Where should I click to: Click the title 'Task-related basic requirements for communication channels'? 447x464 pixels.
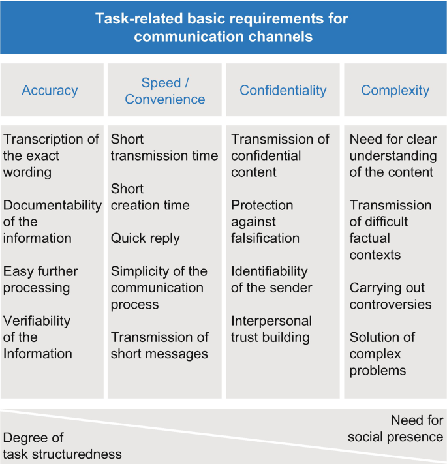(x=223, y=27)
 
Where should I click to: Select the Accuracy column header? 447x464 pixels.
(x=50, y=91)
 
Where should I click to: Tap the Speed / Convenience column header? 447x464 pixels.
(x=165, y=91)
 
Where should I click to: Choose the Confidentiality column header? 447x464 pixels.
(x=283, y=91)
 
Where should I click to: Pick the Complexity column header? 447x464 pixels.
(x=395, y=91)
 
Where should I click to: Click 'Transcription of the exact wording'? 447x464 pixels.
(x=51, y=155)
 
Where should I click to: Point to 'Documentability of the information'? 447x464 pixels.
(x=52, y=222)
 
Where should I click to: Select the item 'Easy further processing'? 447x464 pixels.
(x=40, y=279)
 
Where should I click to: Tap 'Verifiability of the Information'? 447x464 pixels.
(x=37, y=337)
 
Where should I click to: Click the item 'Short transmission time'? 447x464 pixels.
(x=164, y=147)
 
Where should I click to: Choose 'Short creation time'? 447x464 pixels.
(x=150, y=196)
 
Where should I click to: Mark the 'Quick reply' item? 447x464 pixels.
(x=145, y=238)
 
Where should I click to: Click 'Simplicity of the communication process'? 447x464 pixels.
(x=159, y=288)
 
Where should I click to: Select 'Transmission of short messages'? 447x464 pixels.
(x=159, y=345)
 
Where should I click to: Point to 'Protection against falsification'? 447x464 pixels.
(x=265, y=222)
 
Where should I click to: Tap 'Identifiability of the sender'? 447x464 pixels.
(x=271, y=279)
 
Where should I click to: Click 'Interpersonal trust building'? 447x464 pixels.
(x=271, y=329)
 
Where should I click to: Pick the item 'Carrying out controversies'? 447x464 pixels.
(x=390, y=296)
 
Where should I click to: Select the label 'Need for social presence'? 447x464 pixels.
(x=395, y=429)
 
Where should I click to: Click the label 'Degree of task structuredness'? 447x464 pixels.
(x=62, y=446)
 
